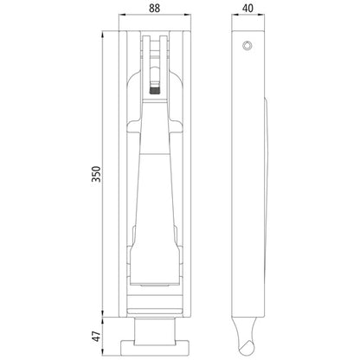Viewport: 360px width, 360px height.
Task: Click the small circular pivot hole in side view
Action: (x=249, y=44)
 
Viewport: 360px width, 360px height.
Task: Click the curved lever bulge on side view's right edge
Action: (x=265, y=173)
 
